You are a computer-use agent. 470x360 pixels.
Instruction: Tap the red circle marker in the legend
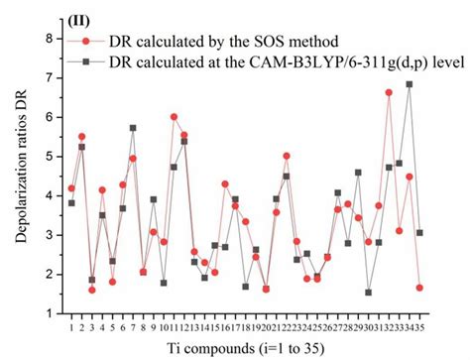click(x=88, y=42)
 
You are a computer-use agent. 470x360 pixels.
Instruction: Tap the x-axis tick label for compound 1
click(x=71, y=326)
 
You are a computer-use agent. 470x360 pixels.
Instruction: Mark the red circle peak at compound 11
click(x=175, y=117)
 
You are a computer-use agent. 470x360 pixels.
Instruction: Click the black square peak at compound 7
click(x=133, y=128)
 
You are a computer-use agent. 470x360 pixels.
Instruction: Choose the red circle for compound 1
click(x=71, y=188)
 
